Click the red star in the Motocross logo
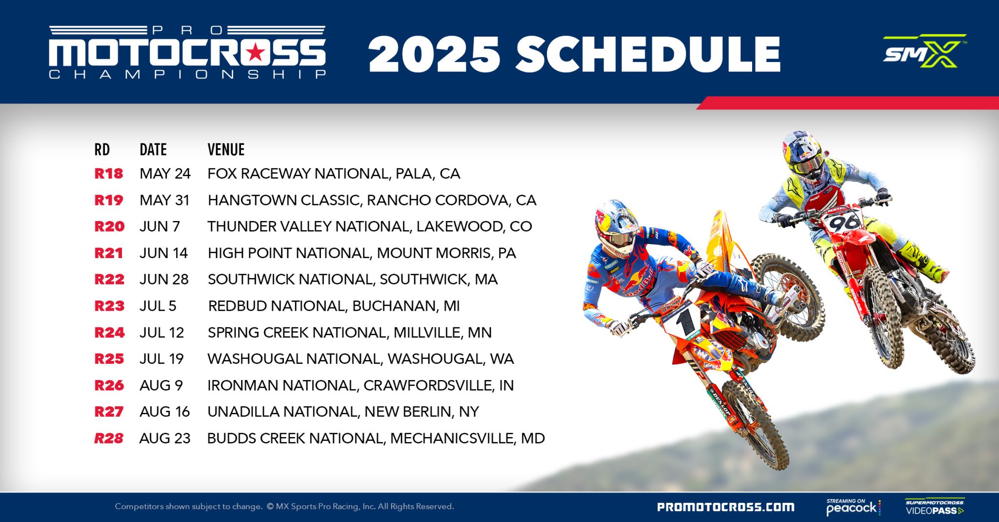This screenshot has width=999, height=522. (x=255, y=52)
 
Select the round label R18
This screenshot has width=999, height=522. (x=109, y=174)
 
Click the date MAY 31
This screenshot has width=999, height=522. (x=164, y=200)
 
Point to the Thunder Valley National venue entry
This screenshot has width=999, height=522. (x=369, y=226)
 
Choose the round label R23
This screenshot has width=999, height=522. (x=109, y=306)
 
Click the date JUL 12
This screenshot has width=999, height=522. (x=161, y=333)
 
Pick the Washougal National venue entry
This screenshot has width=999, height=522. (x=360, y=359)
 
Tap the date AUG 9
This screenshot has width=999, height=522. (x=161, y=385)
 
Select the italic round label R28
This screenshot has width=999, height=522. (x=109, y=439)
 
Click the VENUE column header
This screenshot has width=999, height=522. (x=226, y=150)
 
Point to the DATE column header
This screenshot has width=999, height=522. (x=153, y=150)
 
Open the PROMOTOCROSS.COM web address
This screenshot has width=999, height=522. (x=725, y=507)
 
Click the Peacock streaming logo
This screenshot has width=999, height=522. (x=853, y=507)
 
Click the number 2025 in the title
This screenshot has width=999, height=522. (x=434, y=55)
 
